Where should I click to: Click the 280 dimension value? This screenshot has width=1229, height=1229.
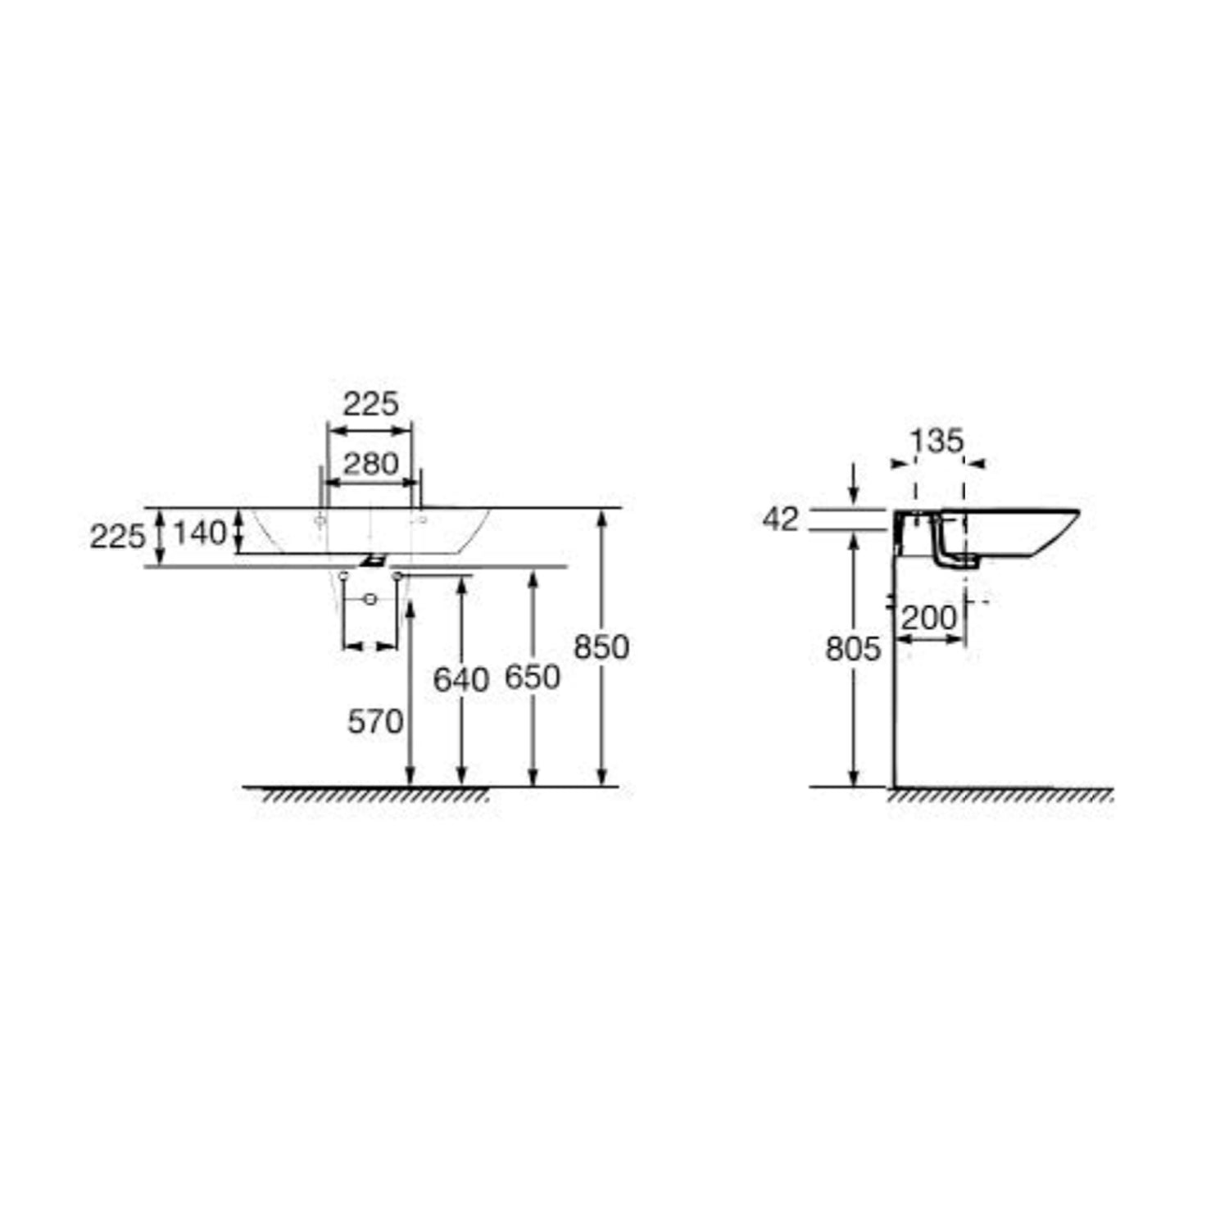click(370, 464)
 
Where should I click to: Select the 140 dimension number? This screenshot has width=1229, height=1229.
click(199, 533)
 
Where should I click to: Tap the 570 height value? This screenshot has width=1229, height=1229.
click(375, 722)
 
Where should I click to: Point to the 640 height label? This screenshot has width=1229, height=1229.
click(461, 679)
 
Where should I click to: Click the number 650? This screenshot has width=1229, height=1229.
click(533, 678)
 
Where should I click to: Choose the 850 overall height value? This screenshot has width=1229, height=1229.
click(601, 647)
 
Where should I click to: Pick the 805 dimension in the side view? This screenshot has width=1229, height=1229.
click(853, 649)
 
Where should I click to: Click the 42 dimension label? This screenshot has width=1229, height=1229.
click(779, 519)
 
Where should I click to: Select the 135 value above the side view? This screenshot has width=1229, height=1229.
click(937, 442)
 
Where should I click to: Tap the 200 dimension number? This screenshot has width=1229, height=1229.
click(929, 618)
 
